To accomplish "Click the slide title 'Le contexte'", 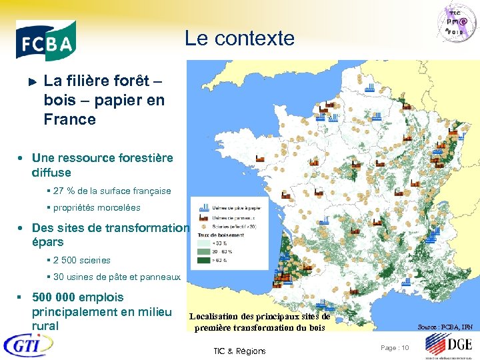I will [x=239, y=39].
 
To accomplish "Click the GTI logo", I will [x=28, y=345].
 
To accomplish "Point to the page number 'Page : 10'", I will [x=394, y=347].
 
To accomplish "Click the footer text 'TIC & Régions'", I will [x=239, y=351].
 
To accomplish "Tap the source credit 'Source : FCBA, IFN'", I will [x=445, y=327].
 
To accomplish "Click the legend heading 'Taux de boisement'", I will [x=220, y=235].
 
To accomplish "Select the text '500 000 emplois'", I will [x=78, y=297].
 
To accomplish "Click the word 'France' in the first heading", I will [x=69, y=119].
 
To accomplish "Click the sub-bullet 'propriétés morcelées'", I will [x=97, y=207].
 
